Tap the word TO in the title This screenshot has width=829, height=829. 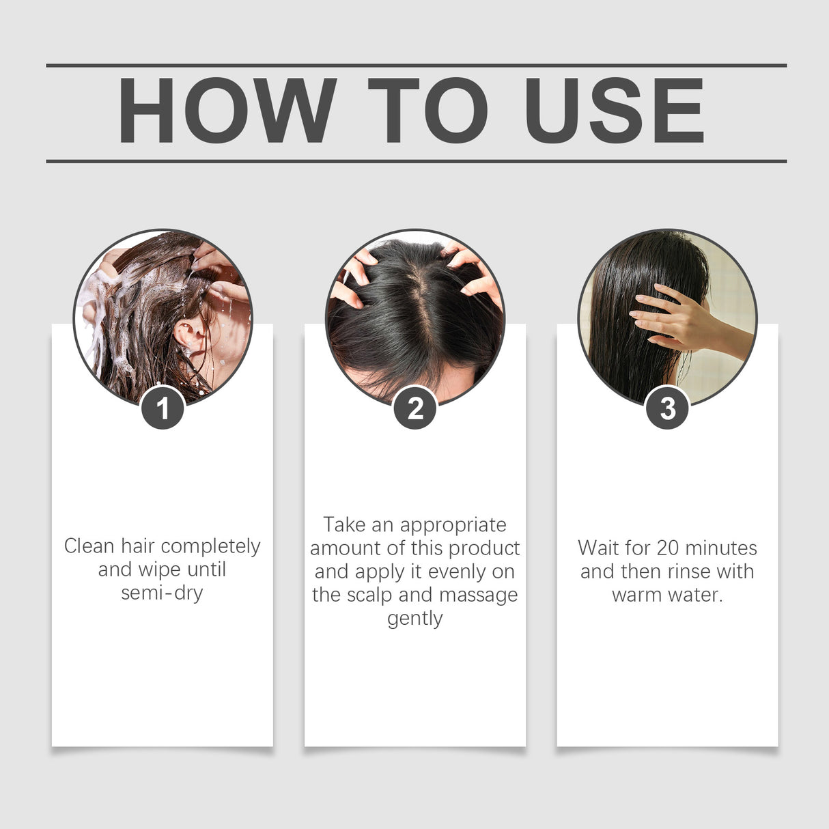click(x=428, y=111)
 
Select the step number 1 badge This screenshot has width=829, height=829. click(x=163, y=408)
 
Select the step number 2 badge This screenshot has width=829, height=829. click(x=415, y=408)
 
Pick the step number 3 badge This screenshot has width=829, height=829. click(x=667, y=408)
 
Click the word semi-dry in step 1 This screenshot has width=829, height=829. click(x=162, y=593)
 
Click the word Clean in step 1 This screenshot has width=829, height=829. click(x=89, y=546)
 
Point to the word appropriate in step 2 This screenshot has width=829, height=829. click(x=453, y=524)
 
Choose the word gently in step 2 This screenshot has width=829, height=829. click(x=414, y=619)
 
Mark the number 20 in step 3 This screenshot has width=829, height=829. click(x=667, y=548)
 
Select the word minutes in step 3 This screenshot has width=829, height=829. click(x=720, y=548)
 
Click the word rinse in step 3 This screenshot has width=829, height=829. click(x=690, y=571)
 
